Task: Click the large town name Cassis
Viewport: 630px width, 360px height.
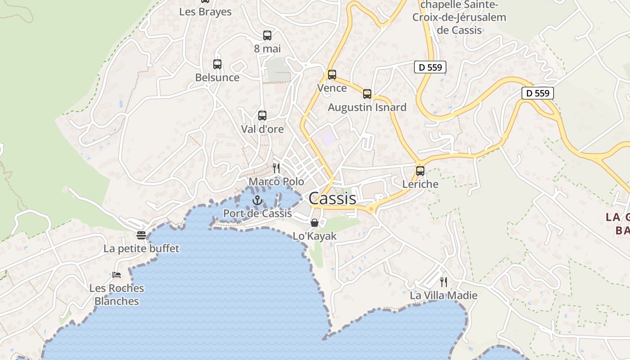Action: tap(332, 198)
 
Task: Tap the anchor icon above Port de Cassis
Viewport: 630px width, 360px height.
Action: tap(257, 200)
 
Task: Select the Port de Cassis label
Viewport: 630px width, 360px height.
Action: tap(257, 213)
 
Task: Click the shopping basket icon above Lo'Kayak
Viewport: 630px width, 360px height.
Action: tap(315, 223)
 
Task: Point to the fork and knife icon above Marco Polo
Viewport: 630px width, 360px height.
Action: tap(276, 168)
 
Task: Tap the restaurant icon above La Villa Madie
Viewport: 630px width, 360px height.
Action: tap(444, 282)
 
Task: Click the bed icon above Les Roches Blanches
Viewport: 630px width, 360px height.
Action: tap(117, 274)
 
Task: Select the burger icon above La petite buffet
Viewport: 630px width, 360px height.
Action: tap(141, 235)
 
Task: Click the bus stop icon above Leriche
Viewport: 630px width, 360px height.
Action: tap(420, 171)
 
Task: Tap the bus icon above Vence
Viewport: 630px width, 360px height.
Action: tap(332, 75)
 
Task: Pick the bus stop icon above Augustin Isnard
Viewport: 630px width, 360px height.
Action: tap(367, 94)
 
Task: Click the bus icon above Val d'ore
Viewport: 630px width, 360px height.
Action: tap(262, 116)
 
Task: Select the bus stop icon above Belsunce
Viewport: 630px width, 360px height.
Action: tap(217, 64)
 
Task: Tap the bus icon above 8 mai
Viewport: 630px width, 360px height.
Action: tap(267, 36)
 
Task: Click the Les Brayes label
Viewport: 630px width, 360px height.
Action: tap(205, 12)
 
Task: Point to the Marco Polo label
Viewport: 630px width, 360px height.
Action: tap(276, 181)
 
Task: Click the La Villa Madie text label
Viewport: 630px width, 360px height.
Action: tap(443, 296)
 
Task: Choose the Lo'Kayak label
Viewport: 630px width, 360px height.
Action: tap(315, 236)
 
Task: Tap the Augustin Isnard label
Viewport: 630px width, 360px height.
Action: tap(367, 107)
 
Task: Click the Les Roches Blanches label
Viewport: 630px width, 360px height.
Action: tap(117, 294)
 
